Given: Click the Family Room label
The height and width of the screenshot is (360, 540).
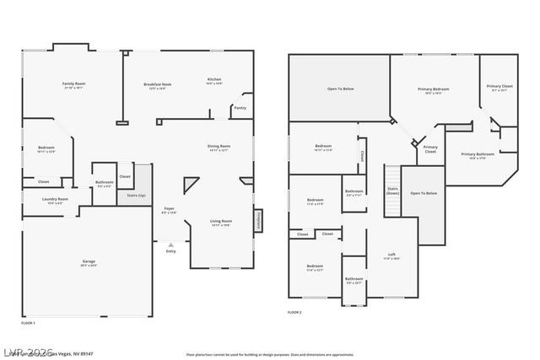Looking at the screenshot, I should point(74,85).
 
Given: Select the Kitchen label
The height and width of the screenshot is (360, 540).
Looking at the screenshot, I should point(215,81).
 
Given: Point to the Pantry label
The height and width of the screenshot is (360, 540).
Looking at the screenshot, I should point(240,108).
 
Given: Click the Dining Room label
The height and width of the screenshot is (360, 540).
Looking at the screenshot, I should point(219,148).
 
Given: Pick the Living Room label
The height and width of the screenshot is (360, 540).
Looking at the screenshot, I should point(221,223).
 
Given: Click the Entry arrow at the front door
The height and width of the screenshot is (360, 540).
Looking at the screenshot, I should point(171,245).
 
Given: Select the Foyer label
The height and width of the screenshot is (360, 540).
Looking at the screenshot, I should point(170,210).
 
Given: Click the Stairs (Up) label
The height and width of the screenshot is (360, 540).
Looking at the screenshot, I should point(136,195).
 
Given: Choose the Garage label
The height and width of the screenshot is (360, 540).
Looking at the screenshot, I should point(89,262).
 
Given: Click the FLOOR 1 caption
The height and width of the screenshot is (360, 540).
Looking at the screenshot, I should point(29,323).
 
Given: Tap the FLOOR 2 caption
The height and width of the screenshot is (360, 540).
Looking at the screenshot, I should point(294,313).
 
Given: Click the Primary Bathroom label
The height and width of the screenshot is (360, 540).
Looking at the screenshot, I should point(478,155).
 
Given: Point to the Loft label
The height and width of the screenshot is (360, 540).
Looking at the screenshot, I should point(391,255).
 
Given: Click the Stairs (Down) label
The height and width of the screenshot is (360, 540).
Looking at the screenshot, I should point(392,191).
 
